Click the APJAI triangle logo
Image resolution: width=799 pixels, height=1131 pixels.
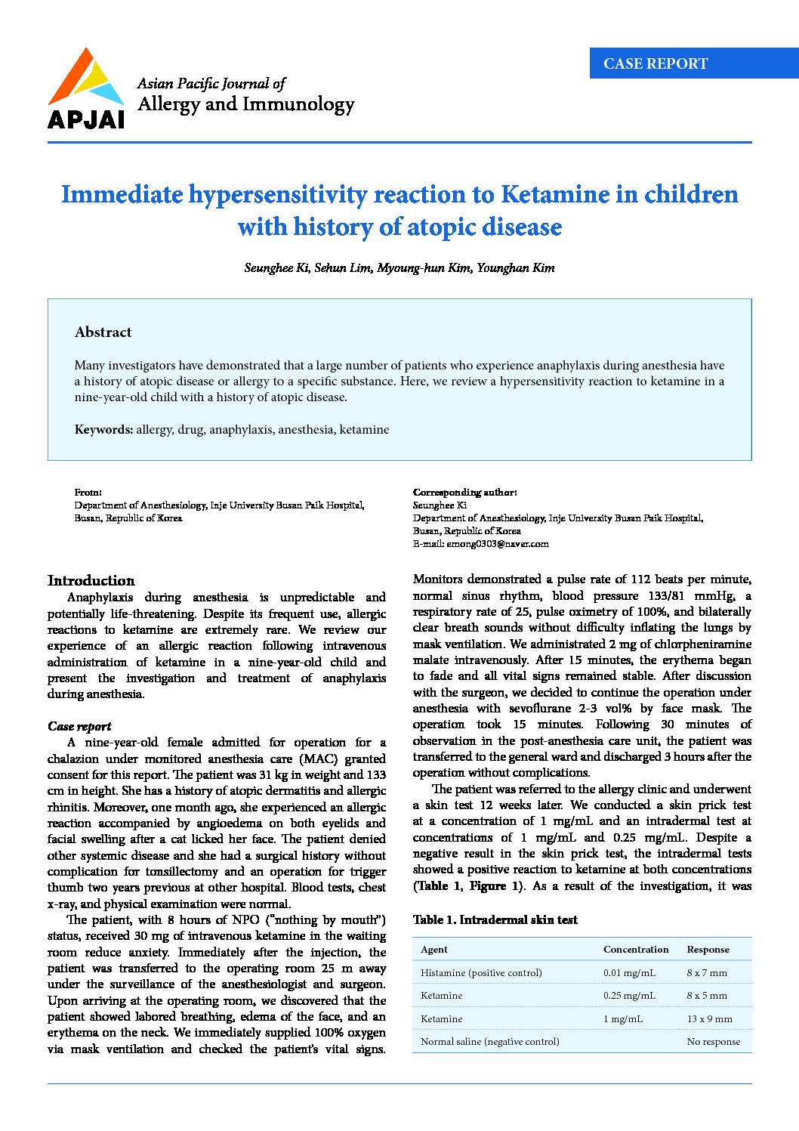point(85,79)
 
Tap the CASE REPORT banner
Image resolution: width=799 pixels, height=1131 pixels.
point(656,64)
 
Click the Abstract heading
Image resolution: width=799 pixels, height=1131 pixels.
point(103,332)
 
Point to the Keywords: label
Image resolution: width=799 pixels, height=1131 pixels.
point(103,430)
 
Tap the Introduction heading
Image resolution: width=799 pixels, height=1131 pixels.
point(91,581)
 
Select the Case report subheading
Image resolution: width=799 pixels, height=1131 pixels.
point(79,727)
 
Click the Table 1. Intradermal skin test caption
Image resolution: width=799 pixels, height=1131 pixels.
point(495,920)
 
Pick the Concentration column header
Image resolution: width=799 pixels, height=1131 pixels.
point(636,950)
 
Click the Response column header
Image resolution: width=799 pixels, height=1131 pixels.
point(708,950)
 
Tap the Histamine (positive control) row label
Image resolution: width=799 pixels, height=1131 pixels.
point(481,973)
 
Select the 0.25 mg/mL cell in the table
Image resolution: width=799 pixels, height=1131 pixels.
point(629,996)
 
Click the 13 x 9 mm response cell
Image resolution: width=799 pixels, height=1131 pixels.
point(709,1019)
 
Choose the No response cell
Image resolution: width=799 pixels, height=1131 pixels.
point(713,1042)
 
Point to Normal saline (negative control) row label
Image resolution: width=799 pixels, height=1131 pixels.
point(489,1042)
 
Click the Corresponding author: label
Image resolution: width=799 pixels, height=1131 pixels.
point(464,493)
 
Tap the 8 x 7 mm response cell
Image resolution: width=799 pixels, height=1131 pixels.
point(707,973)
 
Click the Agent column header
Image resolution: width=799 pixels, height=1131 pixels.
point(434,950)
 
